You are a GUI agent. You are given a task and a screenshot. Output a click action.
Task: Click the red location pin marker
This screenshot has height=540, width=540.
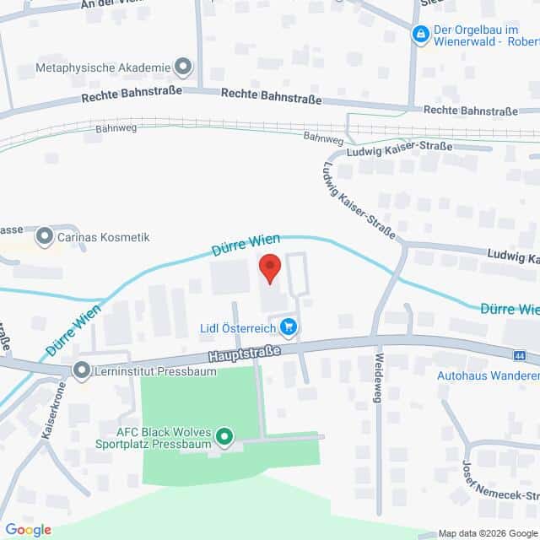[269, 267]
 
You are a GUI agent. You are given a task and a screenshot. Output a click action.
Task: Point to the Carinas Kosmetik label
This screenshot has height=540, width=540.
[103, 237]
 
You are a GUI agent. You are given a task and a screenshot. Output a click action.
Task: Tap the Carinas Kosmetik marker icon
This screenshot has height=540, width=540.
[45, 237]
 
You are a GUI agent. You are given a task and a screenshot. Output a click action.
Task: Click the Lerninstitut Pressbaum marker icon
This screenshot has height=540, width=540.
[82, 370]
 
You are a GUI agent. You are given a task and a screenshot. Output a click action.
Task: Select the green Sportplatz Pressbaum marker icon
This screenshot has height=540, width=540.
[224, 436]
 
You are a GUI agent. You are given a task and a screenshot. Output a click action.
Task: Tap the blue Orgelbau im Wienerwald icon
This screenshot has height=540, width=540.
[419, 34]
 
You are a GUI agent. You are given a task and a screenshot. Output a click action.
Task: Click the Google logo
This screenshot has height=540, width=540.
[28, 529]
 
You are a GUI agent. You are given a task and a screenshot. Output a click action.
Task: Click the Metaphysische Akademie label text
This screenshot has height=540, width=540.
[102, 67]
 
